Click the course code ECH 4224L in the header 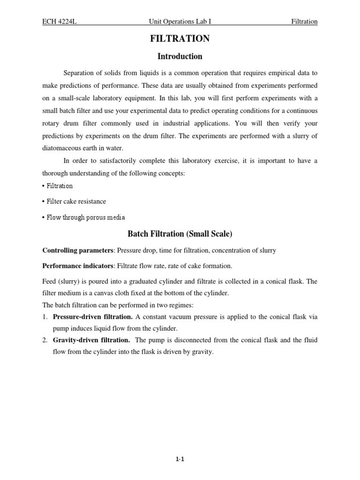[x=60, y=22]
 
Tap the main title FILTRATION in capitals [x=180, y=39]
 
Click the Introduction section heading [x=180, y=57]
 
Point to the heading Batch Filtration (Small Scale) [x=180, y=233]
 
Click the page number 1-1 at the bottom [x=180, y=459]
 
